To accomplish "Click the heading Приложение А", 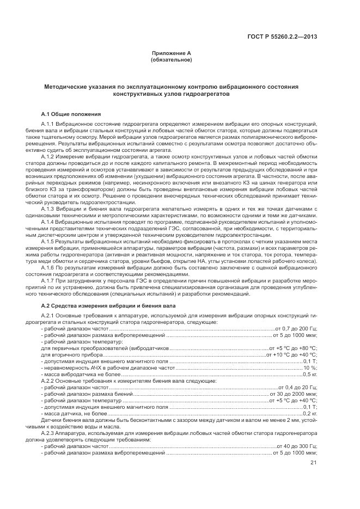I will (x=170, y=53).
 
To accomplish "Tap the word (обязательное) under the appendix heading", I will (x=170, y=59).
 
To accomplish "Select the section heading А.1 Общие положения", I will (x=71, y=114).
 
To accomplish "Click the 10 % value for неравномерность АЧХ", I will (x=310, y=368).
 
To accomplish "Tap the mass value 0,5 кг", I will (x=310, y=375).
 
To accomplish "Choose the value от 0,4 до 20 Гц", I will (x=297, y=387).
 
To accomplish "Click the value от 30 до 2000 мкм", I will (x=294, y=394).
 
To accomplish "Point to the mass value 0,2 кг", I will (x=310, y=414).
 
